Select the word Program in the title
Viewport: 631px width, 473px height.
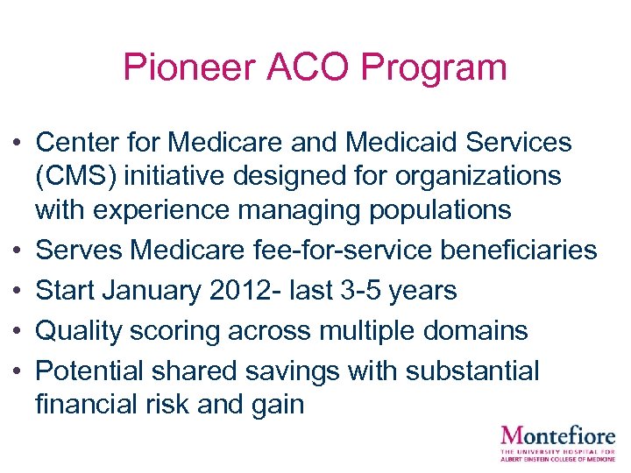[433, 67]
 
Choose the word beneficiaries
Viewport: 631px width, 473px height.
[515, 251]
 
